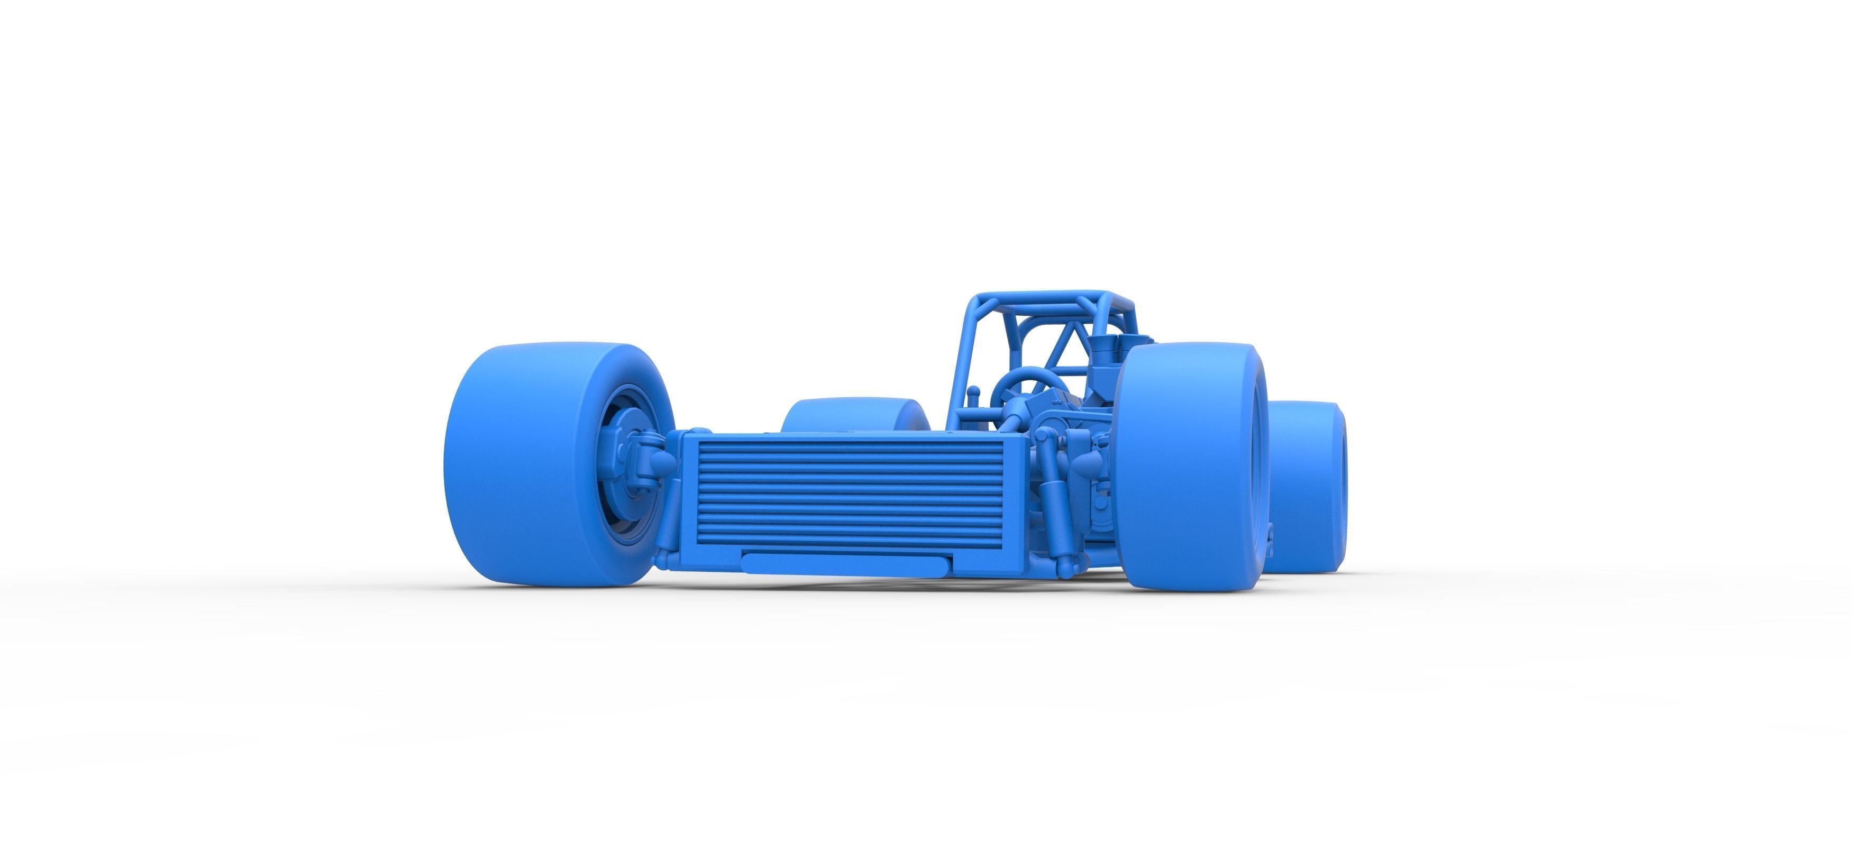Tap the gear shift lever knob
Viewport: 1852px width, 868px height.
(x=973, y=392)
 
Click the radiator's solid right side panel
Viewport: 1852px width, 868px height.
(x=1017, y=496)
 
